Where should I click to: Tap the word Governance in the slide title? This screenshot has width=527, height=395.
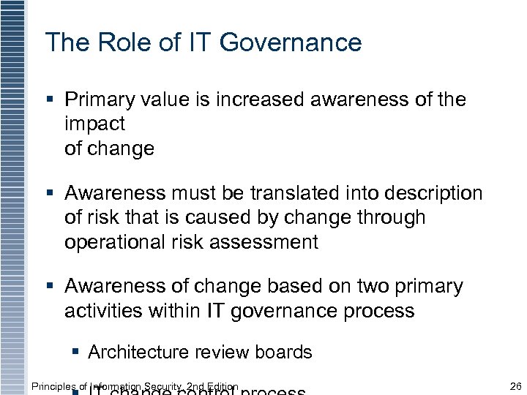point(291,42)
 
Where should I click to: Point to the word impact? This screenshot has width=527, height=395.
point(95,124)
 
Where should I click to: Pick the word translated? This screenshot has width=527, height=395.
point(302,193)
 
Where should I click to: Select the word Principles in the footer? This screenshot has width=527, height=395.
point(53,386)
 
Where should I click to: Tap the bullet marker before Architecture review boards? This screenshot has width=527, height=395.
point(76,352)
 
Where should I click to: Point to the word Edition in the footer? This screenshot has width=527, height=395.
point(223,386)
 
